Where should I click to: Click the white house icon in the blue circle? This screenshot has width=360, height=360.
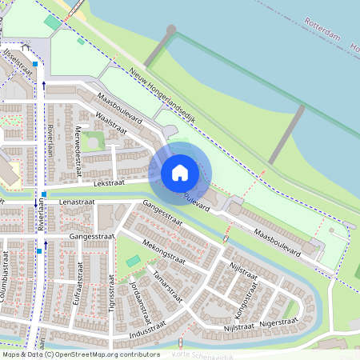point(180,172)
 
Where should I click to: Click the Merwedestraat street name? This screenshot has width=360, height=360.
point(78,145)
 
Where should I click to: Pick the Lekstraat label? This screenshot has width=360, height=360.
point(110,182)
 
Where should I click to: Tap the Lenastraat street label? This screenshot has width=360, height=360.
point(77,202)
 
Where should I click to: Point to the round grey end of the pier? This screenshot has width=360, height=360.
point(170,30)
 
